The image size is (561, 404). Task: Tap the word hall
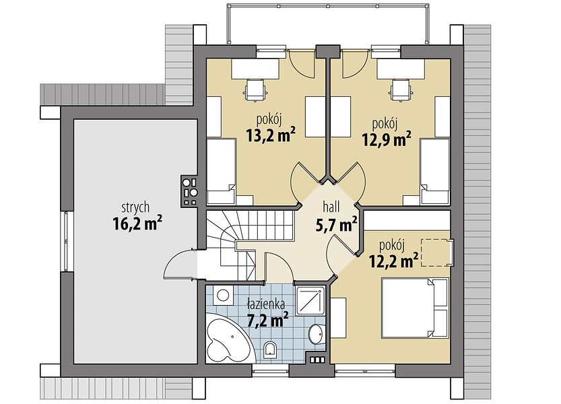pyautogui.click(x=331, y=207)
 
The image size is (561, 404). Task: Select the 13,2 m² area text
pyautogui.click(x=270, y=135)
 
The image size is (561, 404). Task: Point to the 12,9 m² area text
pyautogui.click(x=386, y=139)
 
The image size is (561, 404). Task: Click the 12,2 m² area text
pyautogui.click(x=393, y=261)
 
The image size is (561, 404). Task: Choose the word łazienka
pyautogui.click(x=266, y=304)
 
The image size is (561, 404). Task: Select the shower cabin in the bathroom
pyautogui.click(x=311, y=300)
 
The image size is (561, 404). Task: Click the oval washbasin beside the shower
pyautogui.click(x=317, y=334)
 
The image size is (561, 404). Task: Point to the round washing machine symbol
pyautogui.click(x=224, y=295)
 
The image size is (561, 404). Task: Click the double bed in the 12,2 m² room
pyautogui.click(x=415, y=308)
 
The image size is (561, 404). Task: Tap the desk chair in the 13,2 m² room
pyautogui.click(x=256, y=90)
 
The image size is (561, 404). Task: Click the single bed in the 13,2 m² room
pyautogui.click(x=221, y=172)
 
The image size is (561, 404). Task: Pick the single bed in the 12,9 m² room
pyautogui.click(x=435, y=172)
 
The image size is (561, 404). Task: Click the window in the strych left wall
pyautogui.click(x=66, y=241)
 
